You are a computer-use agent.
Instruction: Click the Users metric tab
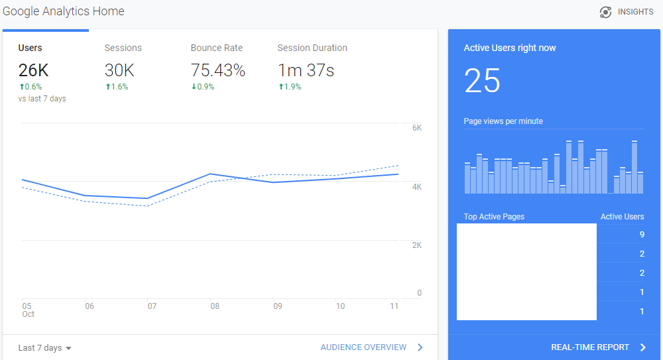click(30, 48)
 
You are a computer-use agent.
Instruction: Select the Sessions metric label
click(123, 48)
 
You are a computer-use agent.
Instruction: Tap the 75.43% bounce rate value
click(217, 70)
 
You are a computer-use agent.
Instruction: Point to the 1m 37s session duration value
click(306, 70)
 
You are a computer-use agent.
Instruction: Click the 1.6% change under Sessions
click(117, 87)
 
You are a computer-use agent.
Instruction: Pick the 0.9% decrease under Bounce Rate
click(203, 87)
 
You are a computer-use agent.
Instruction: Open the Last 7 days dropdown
click(44, 347)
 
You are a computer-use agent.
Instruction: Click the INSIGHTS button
click(627, 12)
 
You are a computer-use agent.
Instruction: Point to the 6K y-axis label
click(417, 128)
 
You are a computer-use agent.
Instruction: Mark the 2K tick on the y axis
click(417, 245)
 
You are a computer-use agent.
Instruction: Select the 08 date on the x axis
click(215, 306)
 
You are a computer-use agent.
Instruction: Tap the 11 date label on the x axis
click(394, 306)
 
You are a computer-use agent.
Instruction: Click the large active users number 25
click(482, 80)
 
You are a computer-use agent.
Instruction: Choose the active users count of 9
click(642, 234)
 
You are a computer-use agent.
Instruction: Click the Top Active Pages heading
click(494, 217)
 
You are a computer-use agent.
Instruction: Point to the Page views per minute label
click(503, 121)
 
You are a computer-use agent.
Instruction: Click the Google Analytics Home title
click(64, 11)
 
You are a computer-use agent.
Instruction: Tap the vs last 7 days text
click(42, 99)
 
